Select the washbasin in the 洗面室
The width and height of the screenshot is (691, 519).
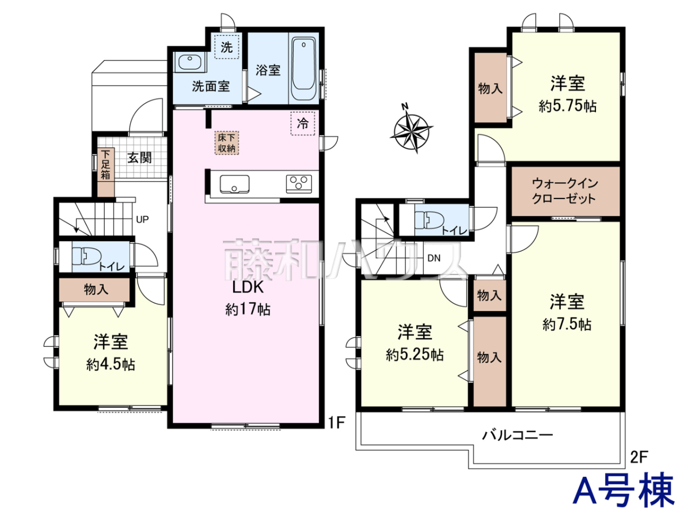point(190,62)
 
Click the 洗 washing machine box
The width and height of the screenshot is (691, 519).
point(227,47)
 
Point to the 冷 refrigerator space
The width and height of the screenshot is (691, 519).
point(302,123)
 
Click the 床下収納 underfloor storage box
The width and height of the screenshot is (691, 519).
point(227,143)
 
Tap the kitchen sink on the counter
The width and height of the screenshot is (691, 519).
point(234,184)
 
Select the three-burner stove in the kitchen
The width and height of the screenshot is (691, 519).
point(299,184)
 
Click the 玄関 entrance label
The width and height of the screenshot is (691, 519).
point(139,157)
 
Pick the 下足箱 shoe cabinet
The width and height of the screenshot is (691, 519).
point(106,172)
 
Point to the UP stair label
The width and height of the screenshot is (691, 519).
point(142,219)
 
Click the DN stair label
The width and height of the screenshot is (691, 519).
point(434,258)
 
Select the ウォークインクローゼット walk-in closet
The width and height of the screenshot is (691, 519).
point(565,191)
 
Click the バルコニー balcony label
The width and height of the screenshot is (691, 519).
point(518,435)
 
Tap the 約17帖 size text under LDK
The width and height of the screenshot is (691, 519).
point(248,309)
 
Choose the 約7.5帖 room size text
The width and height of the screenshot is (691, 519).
point(567,324)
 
